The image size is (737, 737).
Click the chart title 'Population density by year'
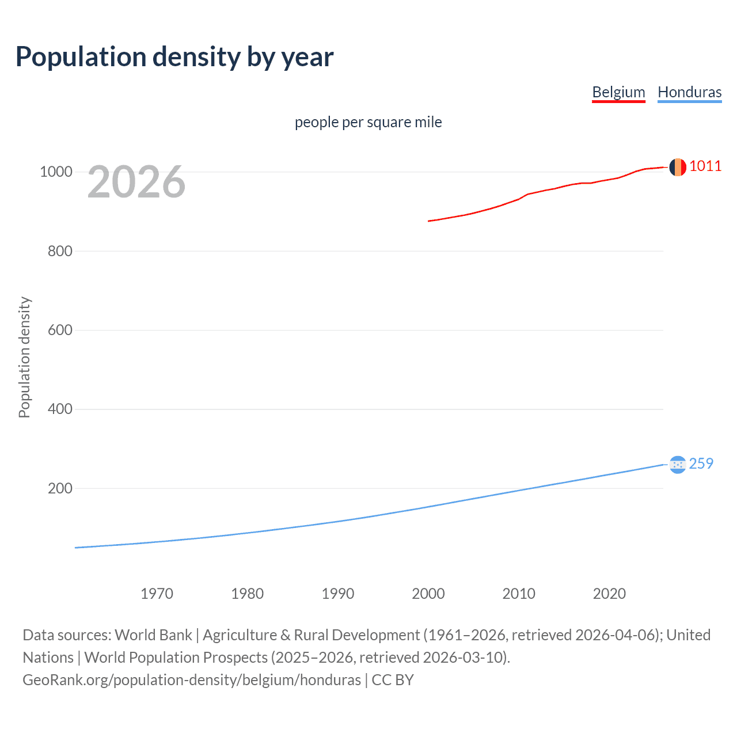point(174,57)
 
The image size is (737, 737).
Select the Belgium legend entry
point(618,92)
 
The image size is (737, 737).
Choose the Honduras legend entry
point(689,92)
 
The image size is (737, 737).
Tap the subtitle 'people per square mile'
point(368,122)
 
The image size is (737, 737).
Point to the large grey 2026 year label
point(136,182)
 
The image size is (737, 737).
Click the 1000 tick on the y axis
point(56,172)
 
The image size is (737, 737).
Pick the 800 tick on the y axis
point(60,251)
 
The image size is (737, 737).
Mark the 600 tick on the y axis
point(60,330)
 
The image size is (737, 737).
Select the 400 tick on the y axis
point(60,409)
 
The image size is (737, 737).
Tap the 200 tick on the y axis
point(60,488)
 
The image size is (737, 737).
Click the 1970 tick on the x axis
point(157,594)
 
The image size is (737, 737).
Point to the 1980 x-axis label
point(247,594)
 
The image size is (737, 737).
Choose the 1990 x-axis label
point(338,594)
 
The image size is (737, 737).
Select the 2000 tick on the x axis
point(428,594)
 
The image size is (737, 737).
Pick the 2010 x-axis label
point(519,594)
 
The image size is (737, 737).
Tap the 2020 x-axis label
point(609,594)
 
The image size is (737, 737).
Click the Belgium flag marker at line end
point(678,167)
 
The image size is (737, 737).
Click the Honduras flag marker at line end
point(678,464)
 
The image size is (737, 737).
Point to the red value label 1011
point(705,166)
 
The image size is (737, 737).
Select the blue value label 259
point(701,464)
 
